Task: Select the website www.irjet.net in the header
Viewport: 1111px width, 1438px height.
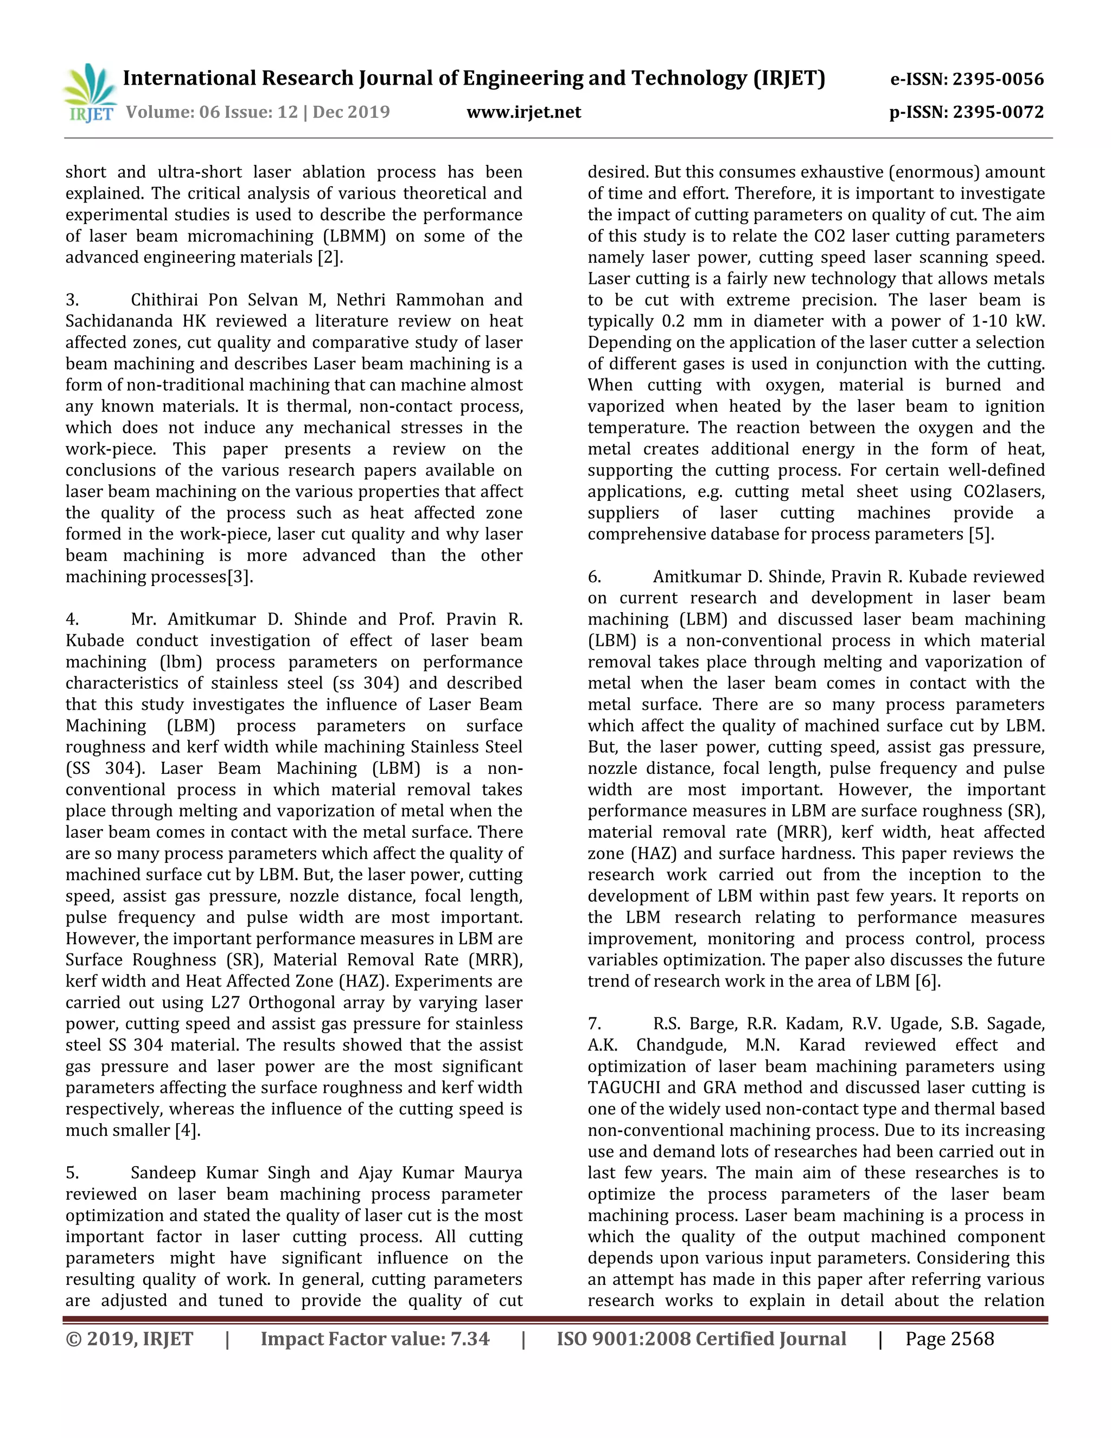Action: point(524,112)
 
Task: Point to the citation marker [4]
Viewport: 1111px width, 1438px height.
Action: point(187,1130)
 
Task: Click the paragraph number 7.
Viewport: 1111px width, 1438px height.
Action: point(595,1024)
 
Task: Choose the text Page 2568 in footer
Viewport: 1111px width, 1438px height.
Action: point(949,1339)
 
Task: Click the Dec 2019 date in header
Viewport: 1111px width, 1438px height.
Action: point(352,112)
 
